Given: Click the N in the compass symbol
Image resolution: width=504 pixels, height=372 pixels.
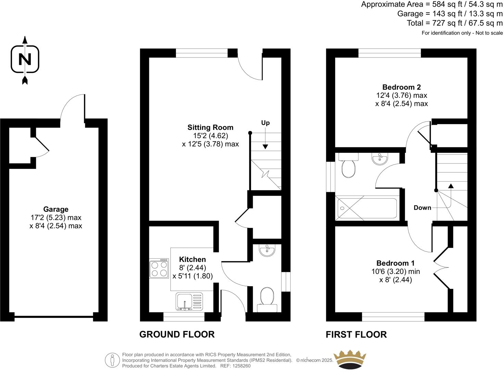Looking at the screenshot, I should point(25,59).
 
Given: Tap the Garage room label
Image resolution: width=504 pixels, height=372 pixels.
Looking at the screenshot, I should point(56,209).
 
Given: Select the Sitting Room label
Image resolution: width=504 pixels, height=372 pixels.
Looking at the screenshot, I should point(210,128).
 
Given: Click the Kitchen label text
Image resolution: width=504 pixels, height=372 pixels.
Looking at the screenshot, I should point(192,260).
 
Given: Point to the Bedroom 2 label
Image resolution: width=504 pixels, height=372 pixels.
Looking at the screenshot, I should point(401,87).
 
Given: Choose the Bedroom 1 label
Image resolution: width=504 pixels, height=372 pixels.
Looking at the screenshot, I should point(395,263).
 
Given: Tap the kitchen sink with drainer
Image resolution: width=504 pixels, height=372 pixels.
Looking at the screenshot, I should point(189,302).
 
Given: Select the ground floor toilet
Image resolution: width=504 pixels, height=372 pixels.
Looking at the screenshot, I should point(267,297).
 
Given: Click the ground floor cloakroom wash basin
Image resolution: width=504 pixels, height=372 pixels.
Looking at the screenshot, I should point(267,251).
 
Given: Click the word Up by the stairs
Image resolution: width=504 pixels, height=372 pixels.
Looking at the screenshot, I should point(265,123).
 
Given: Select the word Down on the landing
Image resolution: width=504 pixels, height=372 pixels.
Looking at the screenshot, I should point(422,208).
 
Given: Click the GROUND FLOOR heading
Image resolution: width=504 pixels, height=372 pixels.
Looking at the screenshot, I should point(177,334).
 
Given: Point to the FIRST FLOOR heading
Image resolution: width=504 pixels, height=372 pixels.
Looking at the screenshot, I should point(356,334).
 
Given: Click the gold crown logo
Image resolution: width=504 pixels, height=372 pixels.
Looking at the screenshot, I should point(350,360).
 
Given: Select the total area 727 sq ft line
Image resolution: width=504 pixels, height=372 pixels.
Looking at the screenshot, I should point(455,23).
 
